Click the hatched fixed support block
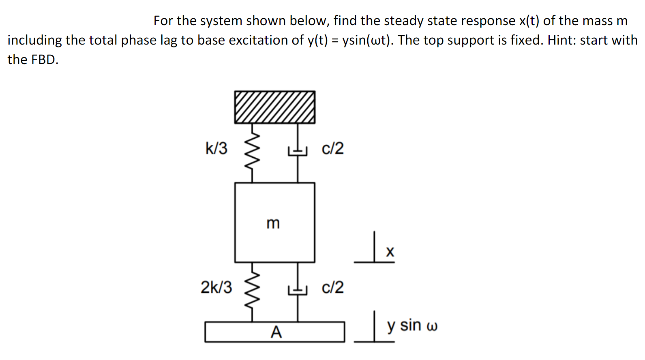[x=274, y=107]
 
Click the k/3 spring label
[x=216, y=148]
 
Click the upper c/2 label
[x=332, y=148]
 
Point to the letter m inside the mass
[x=273, y=223]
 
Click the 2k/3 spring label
[x=216, y=287]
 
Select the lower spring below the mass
[x=252, y=291]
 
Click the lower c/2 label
[x=332, y=287]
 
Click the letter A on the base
[x=276, y=332]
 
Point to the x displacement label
[x=390, y=252]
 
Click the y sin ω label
[x=412, y=326]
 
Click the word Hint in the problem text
[x=562, y=40]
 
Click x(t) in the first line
[x=529, y=21]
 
